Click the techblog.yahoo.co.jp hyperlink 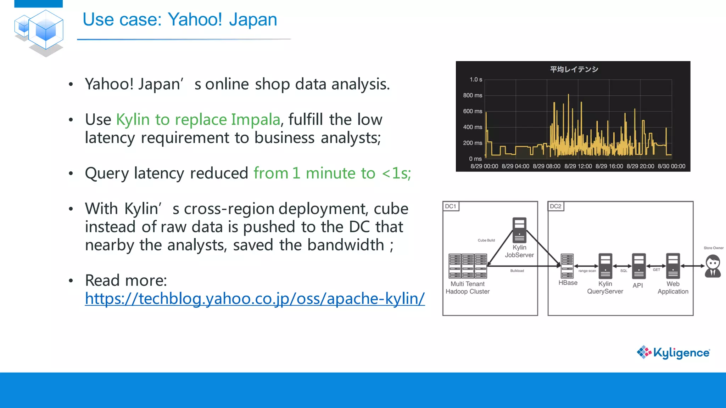pyautogui.click(x=255, y=299)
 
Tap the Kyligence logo pyautogui.click(x=673, y=352)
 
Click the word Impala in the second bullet pyautogui.click(x=255, y=119)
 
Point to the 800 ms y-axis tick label pyautogui.click(x=472, y=95)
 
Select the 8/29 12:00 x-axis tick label pyautogui.click(x=578, y=166)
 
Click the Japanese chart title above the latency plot pyautogui.click(x=574, y=69)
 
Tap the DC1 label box pyautogui.click(x=451, y=206)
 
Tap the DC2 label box pyautogui.click(x=555, y=206)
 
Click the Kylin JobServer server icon pyautogui.click(x=519, y=230)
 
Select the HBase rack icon pyautogui.click(x=567, y=266)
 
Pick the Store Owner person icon pyautogui.click(x=713, y=267)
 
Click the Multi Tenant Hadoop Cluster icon pyautogui.click(x=468, y=266)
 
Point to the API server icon pyautogui.click(x=638, y=266)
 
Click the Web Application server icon pyautogui.click(x=672, y=266)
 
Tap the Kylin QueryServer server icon pyautogui.click(x=605, y=266)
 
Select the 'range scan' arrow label pyautogui.click(x=587, y=271)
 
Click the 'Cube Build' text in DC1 pyautogui.click(x=486, y=240)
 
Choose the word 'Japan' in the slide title pyautogui.click(x=253, y=19)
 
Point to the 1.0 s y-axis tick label pyautogui.click(x=475, y=80)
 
